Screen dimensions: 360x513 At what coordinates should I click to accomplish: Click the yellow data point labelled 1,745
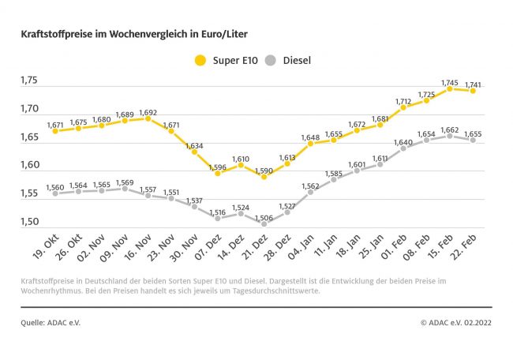(x=450, y=88)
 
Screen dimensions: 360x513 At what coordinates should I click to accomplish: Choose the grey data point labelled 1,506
(x=264, y=223)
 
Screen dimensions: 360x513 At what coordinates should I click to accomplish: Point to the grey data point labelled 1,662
(x=450, y=136)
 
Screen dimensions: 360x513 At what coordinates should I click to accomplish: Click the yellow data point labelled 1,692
(x=148, y=119)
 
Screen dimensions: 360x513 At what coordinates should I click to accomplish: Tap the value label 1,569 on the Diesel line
(x=125, y=182)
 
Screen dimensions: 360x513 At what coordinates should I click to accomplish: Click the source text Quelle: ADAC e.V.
(x=51, y=322)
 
